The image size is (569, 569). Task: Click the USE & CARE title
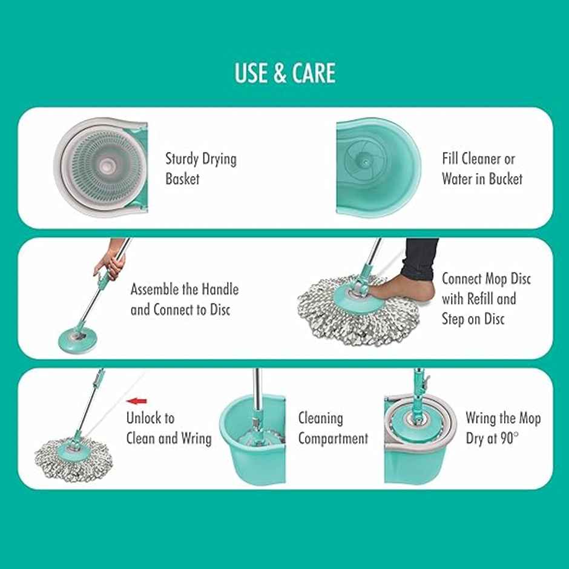(x=284, y=73)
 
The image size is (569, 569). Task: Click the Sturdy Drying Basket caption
(x=200, y=169)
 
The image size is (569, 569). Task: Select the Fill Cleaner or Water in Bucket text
(x=481, y=169)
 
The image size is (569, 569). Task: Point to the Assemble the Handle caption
(x=185, y=299)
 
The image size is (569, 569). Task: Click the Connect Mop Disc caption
(x=485, y=299)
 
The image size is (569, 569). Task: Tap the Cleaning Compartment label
(x=332, y=428)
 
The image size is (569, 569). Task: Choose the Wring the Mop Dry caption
(x=502, y=428)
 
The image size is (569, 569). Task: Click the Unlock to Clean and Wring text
(x=168, y=428)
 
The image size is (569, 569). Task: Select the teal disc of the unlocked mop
(x=73, y=447)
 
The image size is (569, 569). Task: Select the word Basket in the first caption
(x=182, y=179)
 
